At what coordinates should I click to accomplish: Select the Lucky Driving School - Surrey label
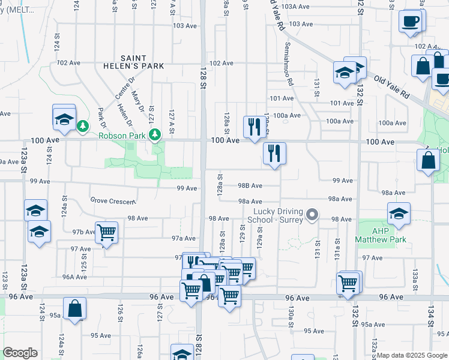(276, 215)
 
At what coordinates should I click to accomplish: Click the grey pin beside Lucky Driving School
(312, 214)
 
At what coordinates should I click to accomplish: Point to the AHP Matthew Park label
(381, 235)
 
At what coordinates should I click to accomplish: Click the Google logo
(20, 353)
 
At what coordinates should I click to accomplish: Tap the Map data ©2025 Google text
(412, 355)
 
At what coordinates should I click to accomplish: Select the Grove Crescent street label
(112, 201)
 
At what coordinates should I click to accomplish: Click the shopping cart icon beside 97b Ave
(106, 232)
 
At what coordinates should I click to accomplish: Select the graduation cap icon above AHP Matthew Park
(398, 212)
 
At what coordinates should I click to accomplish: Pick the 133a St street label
(414, 276)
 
